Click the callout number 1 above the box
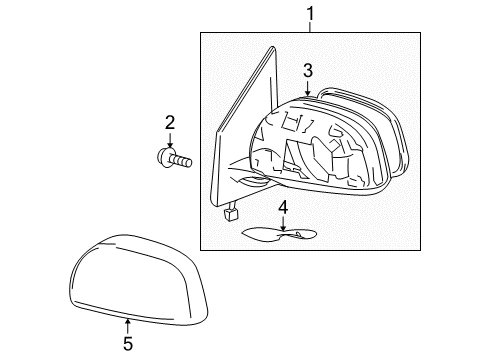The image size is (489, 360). (x=310, y=13)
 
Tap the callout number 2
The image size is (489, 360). (x=170, y=122)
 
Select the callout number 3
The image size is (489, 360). (x=309, y=71)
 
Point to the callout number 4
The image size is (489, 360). (x=283, y=208)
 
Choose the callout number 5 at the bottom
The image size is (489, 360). (x=128, y=344)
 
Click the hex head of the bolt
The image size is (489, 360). (x=164, y=156)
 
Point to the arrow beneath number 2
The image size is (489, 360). (x=170, y=140)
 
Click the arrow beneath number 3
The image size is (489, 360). (x=308, y=88)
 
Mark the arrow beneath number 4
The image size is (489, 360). (x=283, y=224)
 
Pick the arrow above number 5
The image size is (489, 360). (x=127, y=322)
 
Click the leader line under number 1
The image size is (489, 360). (x=310, y=27)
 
